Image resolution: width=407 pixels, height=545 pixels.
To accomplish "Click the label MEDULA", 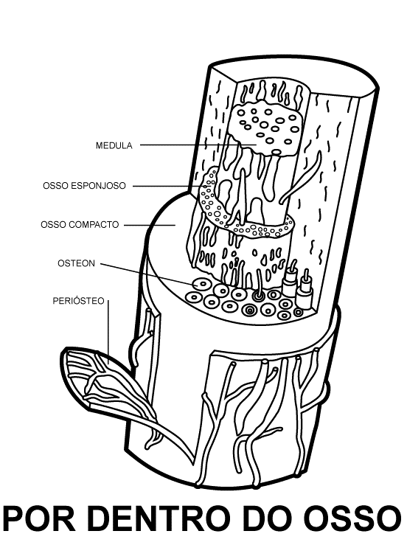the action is [x=114, y=145].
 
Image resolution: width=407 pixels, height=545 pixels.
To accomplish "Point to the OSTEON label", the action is [x=76, y=263].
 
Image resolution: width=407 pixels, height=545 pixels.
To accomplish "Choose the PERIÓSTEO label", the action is [x=79, y=301].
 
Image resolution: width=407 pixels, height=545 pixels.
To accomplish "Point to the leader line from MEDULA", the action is [x=198, y=145].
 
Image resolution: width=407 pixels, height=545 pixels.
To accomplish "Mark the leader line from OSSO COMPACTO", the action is [x=150, y=225].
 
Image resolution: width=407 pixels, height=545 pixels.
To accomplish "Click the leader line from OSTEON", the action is [x=150, y=274].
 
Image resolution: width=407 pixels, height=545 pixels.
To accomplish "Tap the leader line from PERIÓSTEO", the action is [x=108, y=332].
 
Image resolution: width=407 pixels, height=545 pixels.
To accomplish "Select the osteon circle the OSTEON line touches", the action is [x=201, y=285].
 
